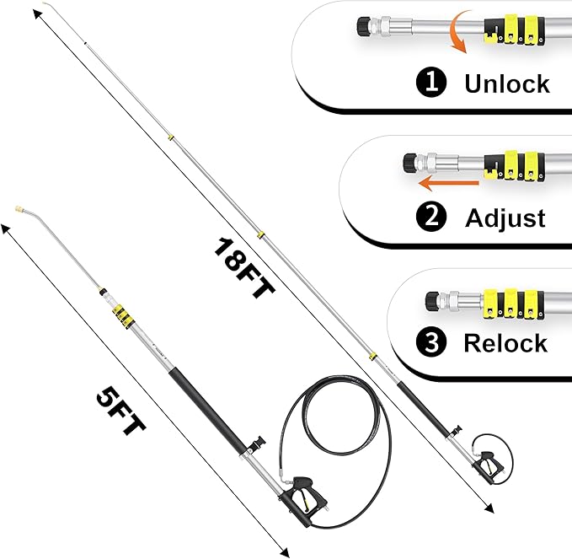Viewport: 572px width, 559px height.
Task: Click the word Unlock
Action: pyautogui.click(x=506, y=83)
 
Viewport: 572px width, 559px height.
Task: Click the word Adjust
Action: pyautogui.click(x=505, y=218)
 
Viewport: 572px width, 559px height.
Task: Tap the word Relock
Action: pyautogui.click(x=505, y=343)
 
